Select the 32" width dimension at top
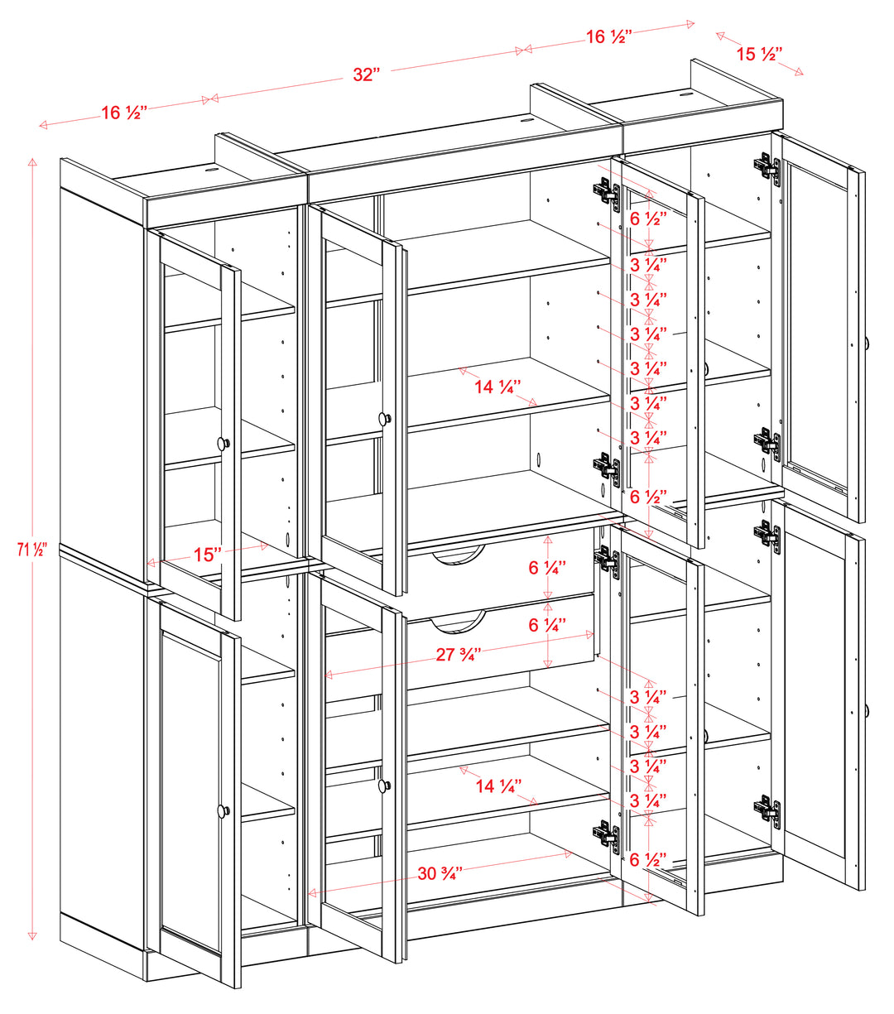[x=365, y=74]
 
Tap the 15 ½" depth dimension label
[x=759, y=55]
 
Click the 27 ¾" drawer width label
[x=459, y=655]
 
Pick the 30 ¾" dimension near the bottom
[x=440, y=872]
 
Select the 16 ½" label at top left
[x=124, y=113]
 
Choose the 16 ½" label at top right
[x=608, y=36]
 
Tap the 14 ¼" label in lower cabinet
[x=497, y=786]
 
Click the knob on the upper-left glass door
[x=223, y=444]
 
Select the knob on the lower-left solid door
[x=223, y=811]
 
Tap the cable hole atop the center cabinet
[x=526, y=122]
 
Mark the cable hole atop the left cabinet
[x=209, y=171]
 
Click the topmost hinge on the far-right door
[x=767, y=168]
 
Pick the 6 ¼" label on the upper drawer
[x=547, y=568]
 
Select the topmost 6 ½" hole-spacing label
[x=648, y=219]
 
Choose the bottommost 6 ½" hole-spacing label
[x=648, y=859]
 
